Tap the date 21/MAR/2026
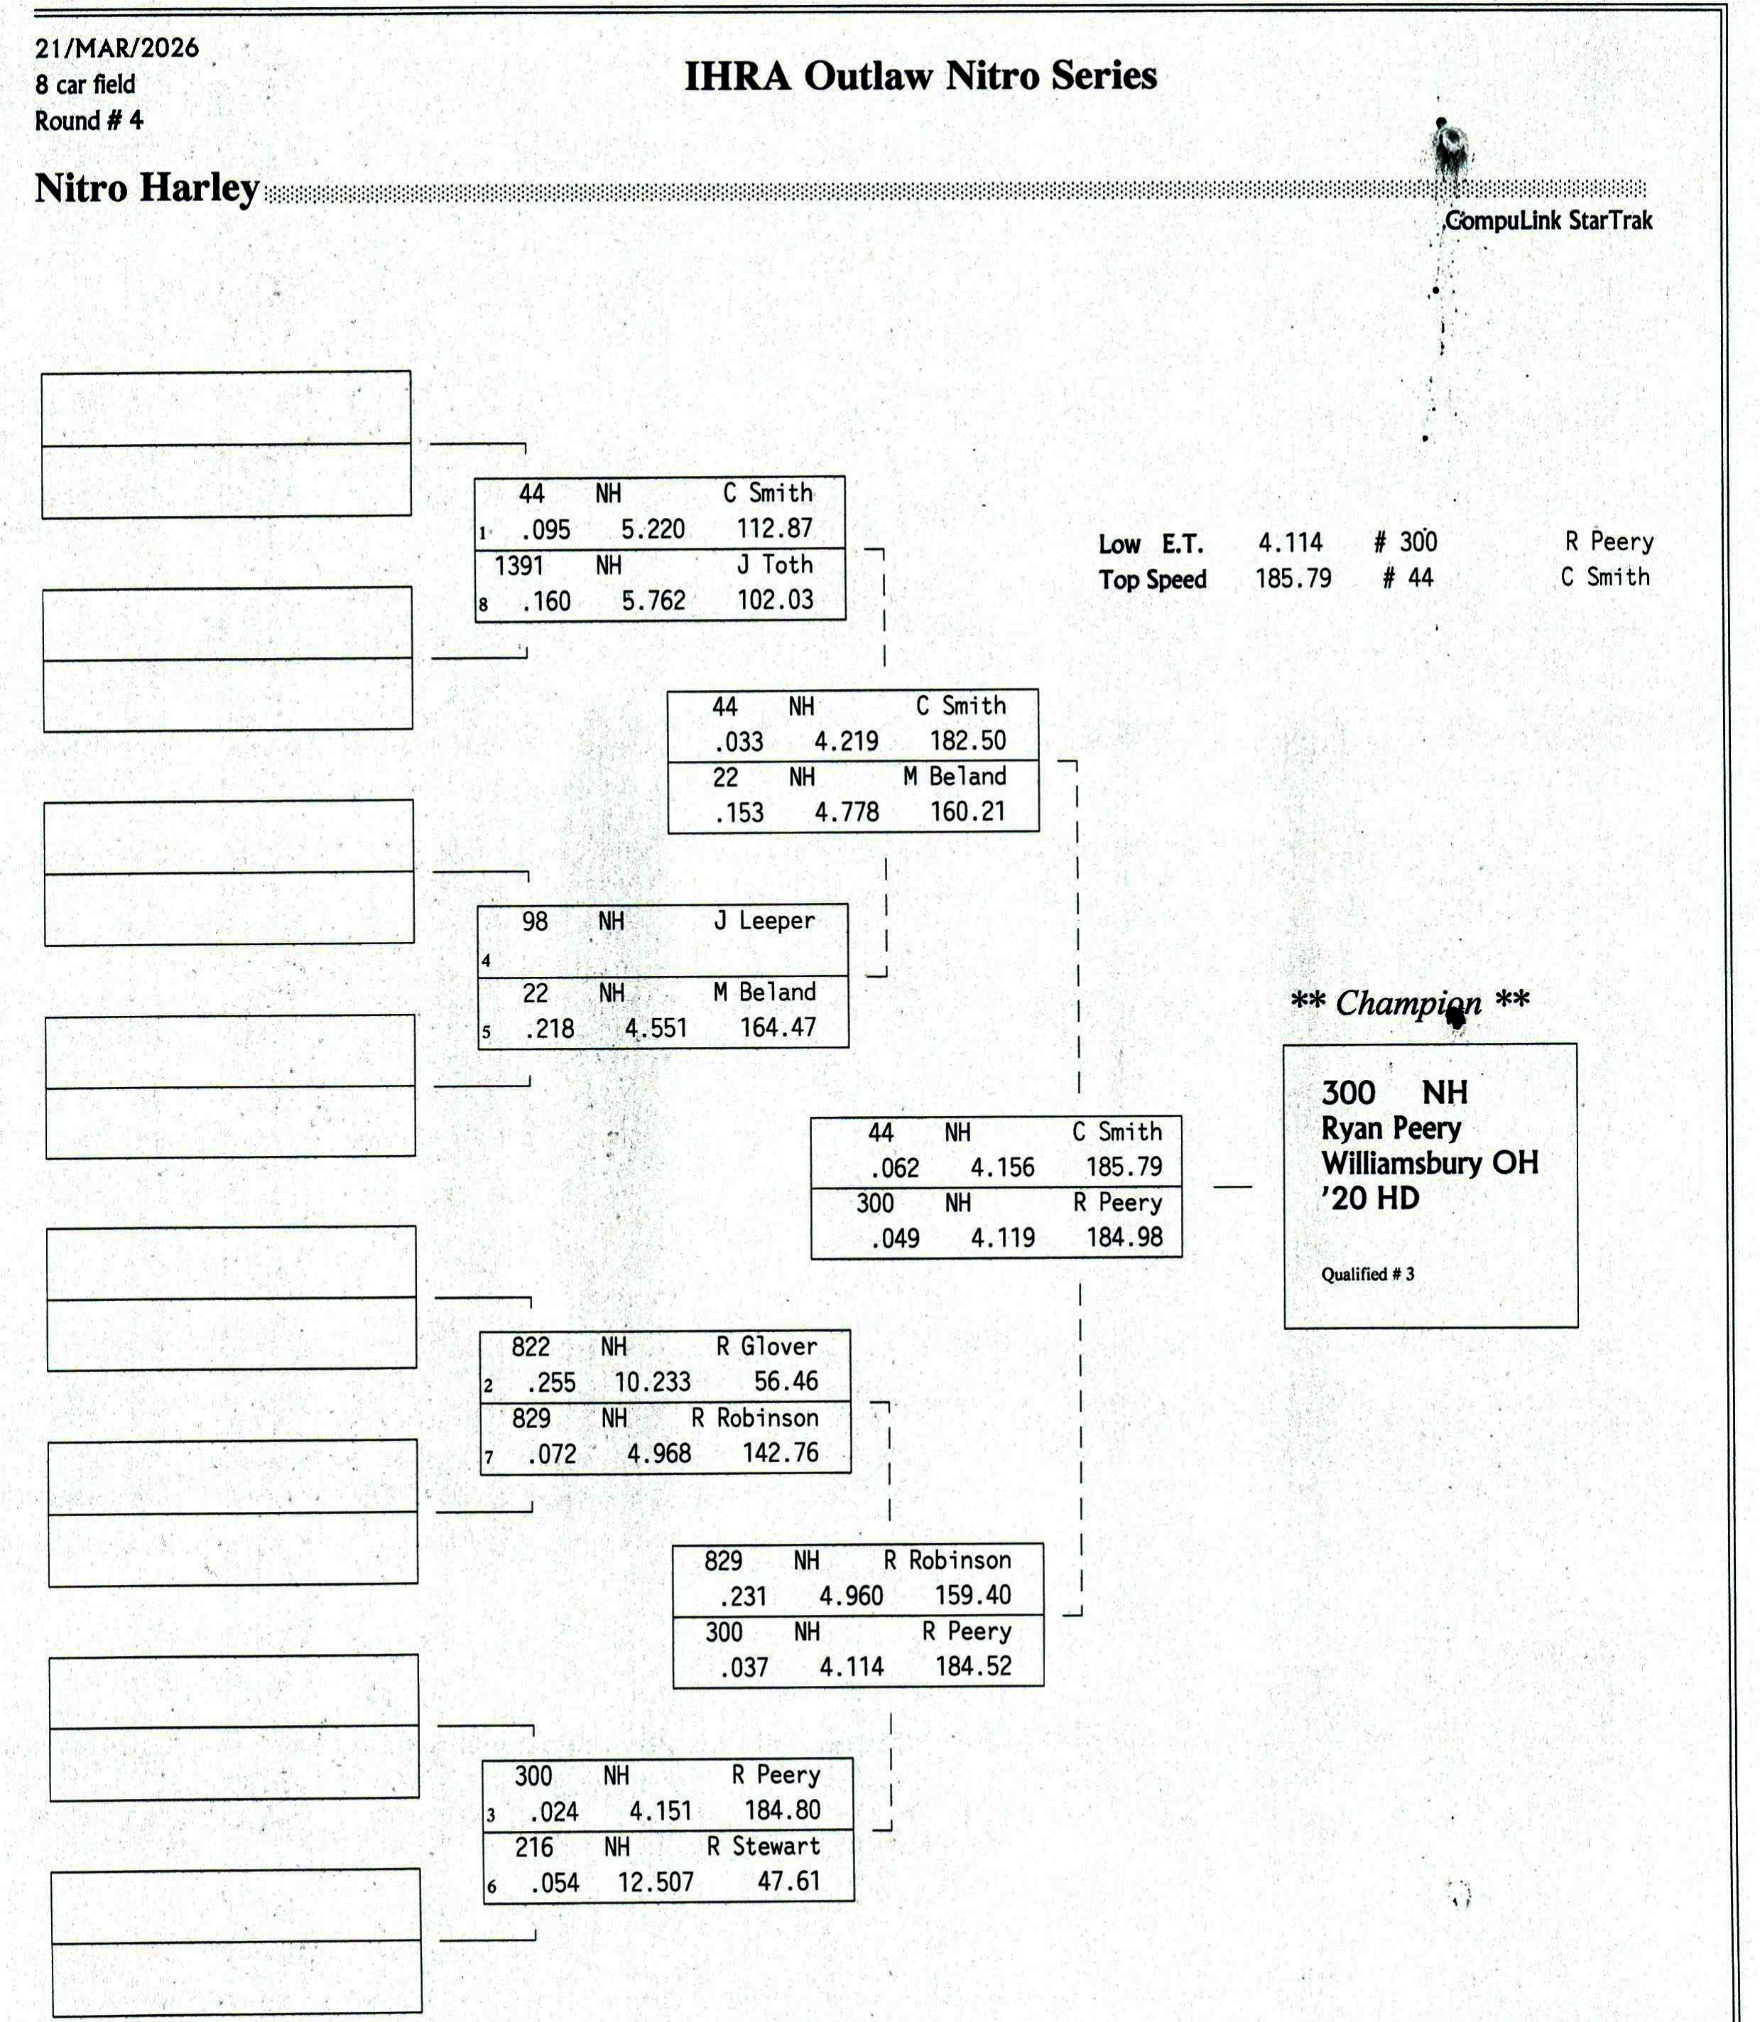click(x=117, y=48)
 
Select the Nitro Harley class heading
click(x=147, y=188)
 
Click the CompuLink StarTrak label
click(x=1549, y=220)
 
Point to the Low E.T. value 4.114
click(x=1291, y=542)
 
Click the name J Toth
click(x=775, y=565)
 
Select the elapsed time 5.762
click(x=653, y=600)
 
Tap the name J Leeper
click(x=764, y=921)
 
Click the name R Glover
click(x=767, y=1346)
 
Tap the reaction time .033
click(x=739, y=742)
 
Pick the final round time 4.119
click(x=1003, y=1237)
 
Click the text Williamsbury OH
click(x=1430, y=1163)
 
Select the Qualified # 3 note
click(x=1367, y=1275)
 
